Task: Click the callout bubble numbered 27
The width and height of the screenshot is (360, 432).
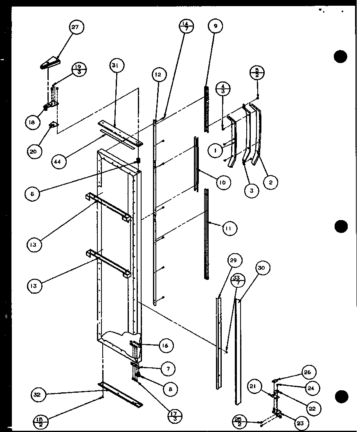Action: point(75,28)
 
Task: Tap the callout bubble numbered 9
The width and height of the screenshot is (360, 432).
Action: point(215,26)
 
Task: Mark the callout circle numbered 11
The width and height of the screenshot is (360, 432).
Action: point(229,228)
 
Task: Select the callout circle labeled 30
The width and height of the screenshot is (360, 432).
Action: point(261,268)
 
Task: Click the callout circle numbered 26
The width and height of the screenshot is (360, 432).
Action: point(307,372)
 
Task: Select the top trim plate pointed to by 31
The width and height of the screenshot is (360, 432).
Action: point(121,133)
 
